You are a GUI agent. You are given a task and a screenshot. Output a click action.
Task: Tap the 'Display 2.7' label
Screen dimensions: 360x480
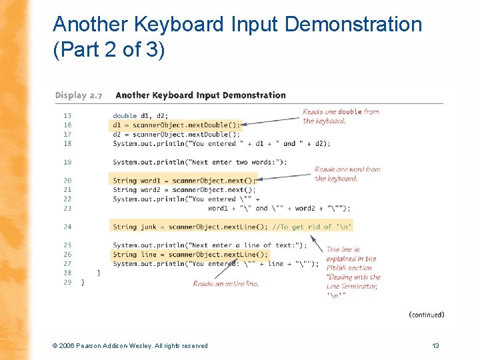point(79,95)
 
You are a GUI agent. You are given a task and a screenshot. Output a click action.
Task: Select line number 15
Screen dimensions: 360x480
point(67,115)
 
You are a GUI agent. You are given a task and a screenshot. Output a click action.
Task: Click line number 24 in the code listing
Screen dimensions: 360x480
point(67,227)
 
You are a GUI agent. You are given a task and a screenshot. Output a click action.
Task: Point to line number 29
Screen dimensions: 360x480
point(67,282)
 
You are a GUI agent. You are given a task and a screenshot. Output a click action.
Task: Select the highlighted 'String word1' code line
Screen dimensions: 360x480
point(184,180)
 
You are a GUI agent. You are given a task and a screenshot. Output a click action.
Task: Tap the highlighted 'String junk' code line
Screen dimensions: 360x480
point(232,227)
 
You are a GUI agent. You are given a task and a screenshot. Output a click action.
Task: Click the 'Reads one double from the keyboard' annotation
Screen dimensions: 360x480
point(341,116)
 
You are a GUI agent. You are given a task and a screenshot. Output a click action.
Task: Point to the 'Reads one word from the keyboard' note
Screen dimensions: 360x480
point(347,173)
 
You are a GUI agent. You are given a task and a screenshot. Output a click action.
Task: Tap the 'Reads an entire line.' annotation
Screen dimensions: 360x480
point(225,283)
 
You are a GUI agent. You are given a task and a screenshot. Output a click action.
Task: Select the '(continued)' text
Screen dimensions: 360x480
point(426,314)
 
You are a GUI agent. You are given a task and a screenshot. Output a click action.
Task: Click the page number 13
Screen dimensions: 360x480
point(435,345)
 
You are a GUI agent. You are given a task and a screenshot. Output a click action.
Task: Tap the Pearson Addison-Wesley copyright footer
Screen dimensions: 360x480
point(130,345)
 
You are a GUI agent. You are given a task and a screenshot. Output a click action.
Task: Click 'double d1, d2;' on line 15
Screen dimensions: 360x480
point(141,115)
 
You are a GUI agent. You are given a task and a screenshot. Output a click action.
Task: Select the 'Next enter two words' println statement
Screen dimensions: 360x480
point(200,161)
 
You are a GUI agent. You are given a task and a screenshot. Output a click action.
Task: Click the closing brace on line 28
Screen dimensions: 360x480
point(99,273)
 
